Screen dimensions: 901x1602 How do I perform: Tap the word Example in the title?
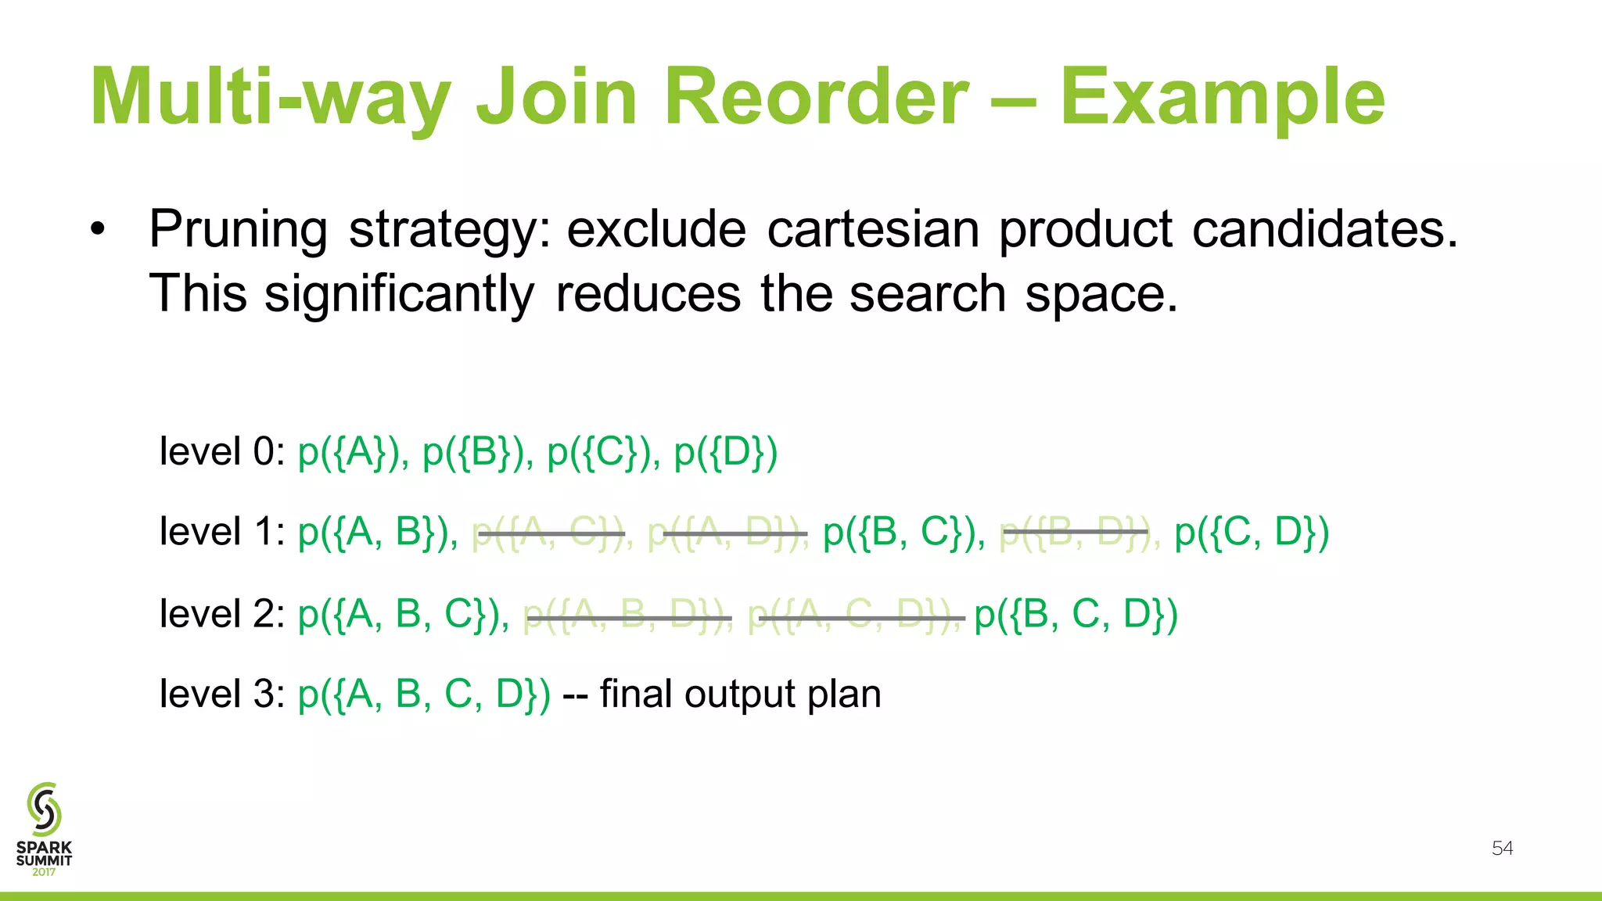coord(1222,97)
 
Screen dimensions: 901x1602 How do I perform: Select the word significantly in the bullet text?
coord(399,294)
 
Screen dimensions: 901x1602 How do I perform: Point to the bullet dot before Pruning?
coord(97,229)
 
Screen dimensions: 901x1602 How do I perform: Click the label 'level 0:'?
coord(222,452)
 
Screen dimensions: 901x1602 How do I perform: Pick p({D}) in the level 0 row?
coord(725,452)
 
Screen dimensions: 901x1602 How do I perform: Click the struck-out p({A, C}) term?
coord(550,533)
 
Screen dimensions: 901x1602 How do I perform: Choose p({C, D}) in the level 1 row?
coord(1252,533)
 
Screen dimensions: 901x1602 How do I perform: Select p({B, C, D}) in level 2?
coord(1076,615)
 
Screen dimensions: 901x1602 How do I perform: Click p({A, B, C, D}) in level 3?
coord(424,695)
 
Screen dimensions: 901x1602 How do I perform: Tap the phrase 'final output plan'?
coord(740,695)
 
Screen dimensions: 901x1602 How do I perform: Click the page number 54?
coord(1502,849)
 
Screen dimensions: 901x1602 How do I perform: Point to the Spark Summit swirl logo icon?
coord(44,809)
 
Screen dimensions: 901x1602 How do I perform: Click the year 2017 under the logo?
coord(44,872)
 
